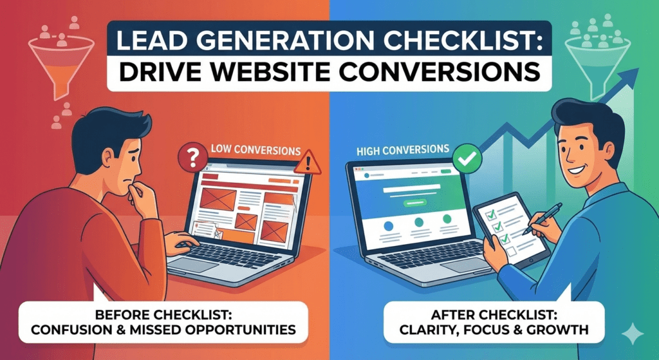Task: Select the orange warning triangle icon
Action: (308, 163)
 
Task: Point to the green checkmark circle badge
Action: (467, 158)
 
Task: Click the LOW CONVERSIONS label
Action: (256, 150)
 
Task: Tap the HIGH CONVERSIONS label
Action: (403, 149)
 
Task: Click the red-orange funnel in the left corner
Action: (61, 64)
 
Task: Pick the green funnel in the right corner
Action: (598, 64)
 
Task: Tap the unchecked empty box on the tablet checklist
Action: (511, 252)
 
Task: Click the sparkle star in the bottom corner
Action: (632, 334)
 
